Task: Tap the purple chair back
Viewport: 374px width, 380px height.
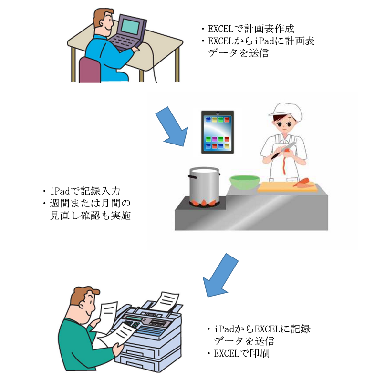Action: click(x=90, y=70)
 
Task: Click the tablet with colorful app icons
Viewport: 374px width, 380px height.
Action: click(x=218, y=132)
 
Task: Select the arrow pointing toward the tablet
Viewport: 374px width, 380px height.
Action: click(x=172, y=126)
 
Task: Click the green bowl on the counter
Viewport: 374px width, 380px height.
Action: click(x=244, y=182)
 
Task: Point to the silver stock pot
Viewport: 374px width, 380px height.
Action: click(x=204, y=184)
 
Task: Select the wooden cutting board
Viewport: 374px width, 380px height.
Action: click(x=287, y=187)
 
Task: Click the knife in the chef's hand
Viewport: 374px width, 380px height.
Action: click(x=284, y=150)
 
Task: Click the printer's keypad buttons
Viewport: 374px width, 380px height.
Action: click(x=132, y=325)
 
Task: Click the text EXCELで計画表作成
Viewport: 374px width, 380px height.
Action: click(x=251, y=29)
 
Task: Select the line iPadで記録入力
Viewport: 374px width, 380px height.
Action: click(x=85, y=191)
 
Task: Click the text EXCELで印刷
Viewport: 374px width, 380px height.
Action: click(x=241, y=353)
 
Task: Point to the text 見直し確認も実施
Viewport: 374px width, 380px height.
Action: click(x=90, y=216)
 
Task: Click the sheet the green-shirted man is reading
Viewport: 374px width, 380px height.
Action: click(x=108, y=316)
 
